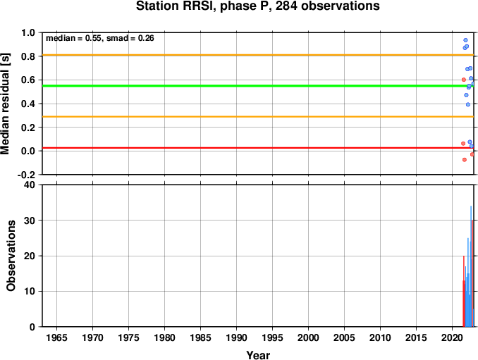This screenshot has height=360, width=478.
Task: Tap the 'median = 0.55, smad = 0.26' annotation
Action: (100, 38)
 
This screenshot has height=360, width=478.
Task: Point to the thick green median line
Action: (258, 86)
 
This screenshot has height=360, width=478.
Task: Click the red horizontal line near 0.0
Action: (258, 148)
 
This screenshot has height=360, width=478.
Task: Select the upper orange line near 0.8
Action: (258, 55)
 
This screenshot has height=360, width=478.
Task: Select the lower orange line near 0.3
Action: (258, 117)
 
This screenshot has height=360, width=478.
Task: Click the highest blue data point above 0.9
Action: (465, 40)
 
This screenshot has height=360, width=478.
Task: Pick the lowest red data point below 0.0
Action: (465, 160)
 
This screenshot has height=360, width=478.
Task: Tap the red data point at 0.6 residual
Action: (464, 80)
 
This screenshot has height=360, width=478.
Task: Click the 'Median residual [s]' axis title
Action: (5, 104)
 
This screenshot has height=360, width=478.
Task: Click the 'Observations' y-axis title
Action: (11, 256)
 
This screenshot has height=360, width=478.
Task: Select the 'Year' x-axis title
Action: (258, 355)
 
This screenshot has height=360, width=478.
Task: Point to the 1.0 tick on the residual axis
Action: (28, 32)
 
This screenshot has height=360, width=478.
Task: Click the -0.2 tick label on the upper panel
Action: (27, 175)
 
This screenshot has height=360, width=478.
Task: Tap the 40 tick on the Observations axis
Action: (30, 185)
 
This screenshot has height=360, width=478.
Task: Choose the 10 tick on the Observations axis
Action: (30, 292)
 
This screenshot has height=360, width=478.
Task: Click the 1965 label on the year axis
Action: (56, 337)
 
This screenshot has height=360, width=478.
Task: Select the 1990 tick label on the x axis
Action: (237, 337)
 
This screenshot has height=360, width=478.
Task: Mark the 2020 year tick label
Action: (453, 337)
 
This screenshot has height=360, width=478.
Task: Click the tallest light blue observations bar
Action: (471, 266)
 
